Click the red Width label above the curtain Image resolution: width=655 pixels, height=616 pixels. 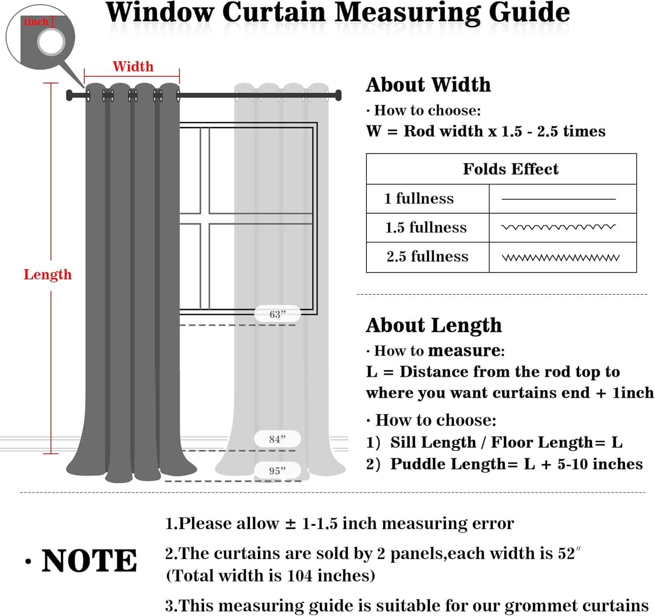(x=133, y=66)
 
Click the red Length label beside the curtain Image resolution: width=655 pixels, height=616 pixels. (x=47, y=275)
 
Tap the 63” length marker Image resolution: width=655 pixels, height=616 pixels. (x=277, y=314)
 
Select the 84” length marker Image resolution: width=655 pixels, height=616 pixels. (x=277, y=439)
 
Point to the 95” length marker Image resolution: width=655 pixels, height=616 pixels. (x=277, y=471)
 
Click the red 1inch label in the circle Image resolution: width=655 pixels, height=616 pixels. (x=35, y=22)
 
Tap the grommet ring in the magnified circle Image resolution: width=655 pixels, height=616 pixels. (x=51, y=42)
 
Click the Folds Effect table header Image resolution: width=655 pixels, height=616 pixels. (x=510, y=169)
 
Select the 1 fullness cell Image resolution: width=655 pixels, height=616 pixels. (x=419, y=199)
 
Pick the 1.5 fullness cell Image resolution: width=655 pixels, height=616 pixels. (x=426, y=228)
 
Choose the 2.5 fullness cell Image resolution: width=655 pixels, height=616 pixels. (x=427, y=257)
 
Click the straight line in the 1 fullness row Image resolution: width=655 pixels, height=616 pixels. (x=558, y=199)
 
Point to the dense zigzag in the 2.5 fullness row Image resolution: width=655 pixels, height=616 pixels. (x=560, y=258)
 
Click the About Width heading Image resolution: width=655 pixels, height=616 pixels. (x=428, y=85)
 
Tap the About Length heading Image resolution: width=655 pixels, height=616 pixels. (x=434, y=326)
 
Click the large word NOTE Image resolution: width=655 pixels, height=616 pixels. (x=89, y=561)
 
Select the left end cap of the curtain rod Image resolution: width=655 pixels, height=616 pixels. (x=69, y=95)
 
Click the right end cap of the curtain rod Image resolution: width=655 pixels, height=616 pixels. (x=338, y=95)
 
